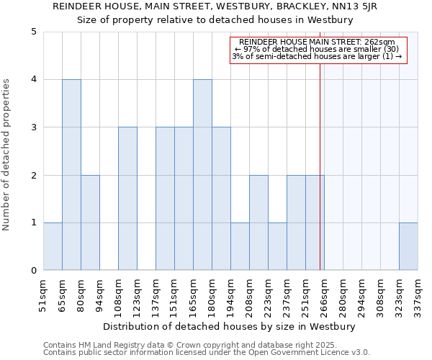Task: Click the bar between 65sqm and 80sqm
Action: tap(71, 175)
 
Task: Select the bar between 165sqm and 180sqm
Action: tap(202, 175)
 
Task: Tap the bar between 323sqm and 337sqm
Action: tap(408, 247)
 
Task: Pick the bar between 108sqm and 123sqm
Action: tap(127, 199)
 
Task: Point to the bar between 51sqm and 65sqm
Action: tap(53, 247)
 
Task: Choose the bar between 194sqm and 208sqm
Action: tap(240, 247)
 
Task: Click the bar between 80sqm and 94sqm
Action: tap(90, 222)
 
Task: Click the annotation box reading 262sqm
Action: tap(318, 50)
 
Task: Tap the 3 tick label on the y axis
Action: tap(33, 127)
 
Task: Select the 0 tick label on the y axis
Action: tap(33, 271)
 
